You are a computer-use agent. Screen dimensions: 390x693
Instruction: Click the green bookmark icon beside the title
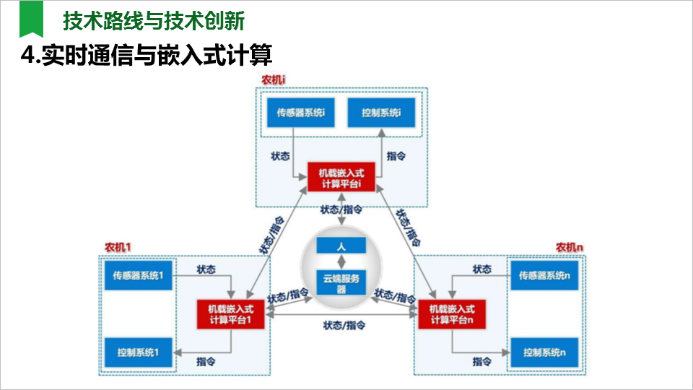[x=30, y=19]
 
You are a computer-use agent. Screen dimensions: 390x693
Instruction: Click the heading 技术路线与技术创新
[x=154, y=21]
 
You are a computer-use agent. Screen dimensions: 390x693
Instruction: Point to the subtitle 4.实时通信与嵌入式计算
[x=150, y=56]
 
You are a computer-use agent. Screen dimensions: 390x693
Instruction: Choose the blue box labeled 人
[x=341, y=246]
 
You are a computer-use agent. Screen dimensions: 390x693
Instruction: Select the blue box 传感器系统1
[x=138, y=275]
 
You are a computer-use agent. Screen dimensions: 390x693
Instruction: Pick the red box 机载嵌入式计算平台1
[x=230, y=314]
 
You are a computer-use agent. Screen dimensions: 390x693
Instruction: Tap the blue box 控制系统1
[x=138, y=353]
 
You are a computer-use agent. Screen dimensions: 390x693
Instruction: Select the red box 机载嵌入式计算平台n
[x=451, y=314]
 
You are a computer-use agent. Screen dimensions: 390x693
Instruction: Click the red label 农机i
[x=275, y=79]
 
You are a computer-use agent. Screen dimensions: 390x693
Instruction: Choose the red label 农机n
[x=569, y=247]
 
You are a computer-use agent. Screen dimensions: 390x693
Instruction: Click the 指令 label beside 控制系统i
[x=396, y=155]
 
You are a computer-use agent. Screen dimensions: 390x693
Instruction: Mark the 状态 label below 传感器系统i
[x=280, y=155]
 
